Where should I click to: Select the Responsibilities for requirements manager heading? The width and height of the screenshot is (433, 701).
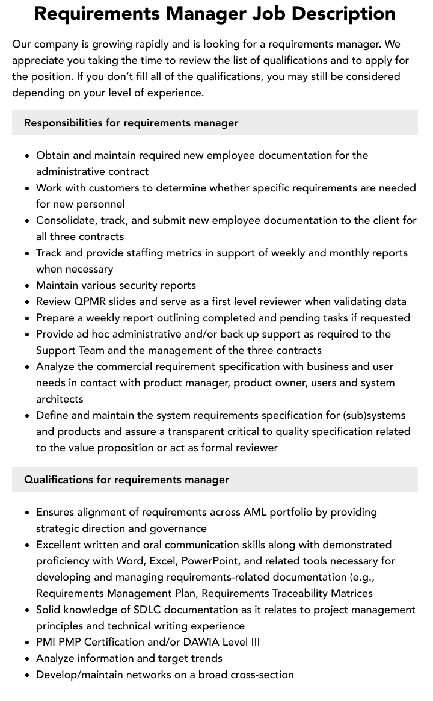pos(131,123)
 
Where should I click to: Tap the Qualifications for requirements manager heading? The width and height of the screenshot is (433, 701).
pos(126,480)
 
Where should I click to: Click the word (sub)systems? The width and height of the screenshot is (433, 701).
pos(374,415)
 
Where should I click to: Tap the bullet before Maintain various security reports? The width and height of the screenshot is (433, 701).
pos(28,286)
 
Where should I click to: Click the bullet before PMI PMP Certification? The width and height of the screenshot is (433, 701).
pos(28,643)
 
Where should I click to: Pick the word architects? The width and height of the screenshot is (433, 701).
pos(60,399)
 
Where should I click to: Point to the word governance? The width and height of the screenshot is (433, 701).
pos(178,528)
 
